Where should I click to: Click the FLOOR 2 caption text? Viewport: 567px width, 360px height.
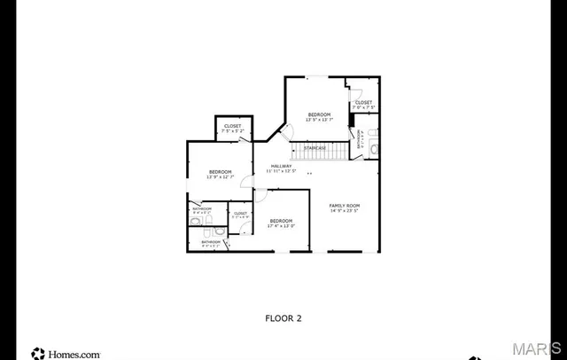(x=283, y=317)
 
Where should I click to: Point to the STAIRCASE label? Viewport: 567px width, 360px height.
(x=315, y=147)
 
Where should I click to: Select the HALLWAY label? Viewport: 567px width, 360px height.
(x=281, y=165)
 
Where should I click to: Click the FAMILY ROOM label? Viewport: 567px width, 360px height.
(x=345, y=205)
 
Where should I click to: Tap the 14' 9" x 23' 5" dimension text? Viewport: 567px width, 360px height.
(x=345, y=211)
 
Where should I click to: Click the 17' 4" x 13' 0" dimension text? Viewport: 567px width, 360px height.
(x=281, y=226)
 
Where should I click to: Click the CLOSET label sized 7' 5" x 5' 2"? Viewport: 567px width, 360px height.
(x=232, y=127)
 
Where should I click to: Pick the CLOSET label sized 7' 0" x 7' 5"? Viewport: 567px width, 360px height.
(x=363, y=103)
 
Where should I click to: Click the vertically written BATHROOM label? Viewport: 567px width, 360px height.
(x=361, y=141)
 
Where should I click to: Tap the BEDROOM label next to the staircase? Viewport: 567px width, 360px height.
(x=319, y=114)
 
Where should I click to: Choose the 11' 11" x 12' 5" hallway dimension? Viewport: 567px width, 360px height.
(x=281, y=171)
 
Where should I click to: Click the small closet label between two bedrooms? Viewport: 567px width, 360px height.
(x=240, y=214)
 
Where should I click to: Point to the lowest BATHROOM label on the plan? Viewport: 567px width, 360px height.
(x=211, y=241)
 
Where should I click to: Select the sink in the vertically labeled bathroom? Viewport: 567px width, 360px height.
(x=373, y=149)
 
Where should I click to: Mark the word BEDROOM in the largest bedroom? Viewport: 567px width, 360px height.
(x=281, y=220)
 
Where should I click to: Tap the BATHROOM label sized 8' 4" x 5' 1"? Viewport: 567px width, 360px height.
(x=202, y=209)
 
